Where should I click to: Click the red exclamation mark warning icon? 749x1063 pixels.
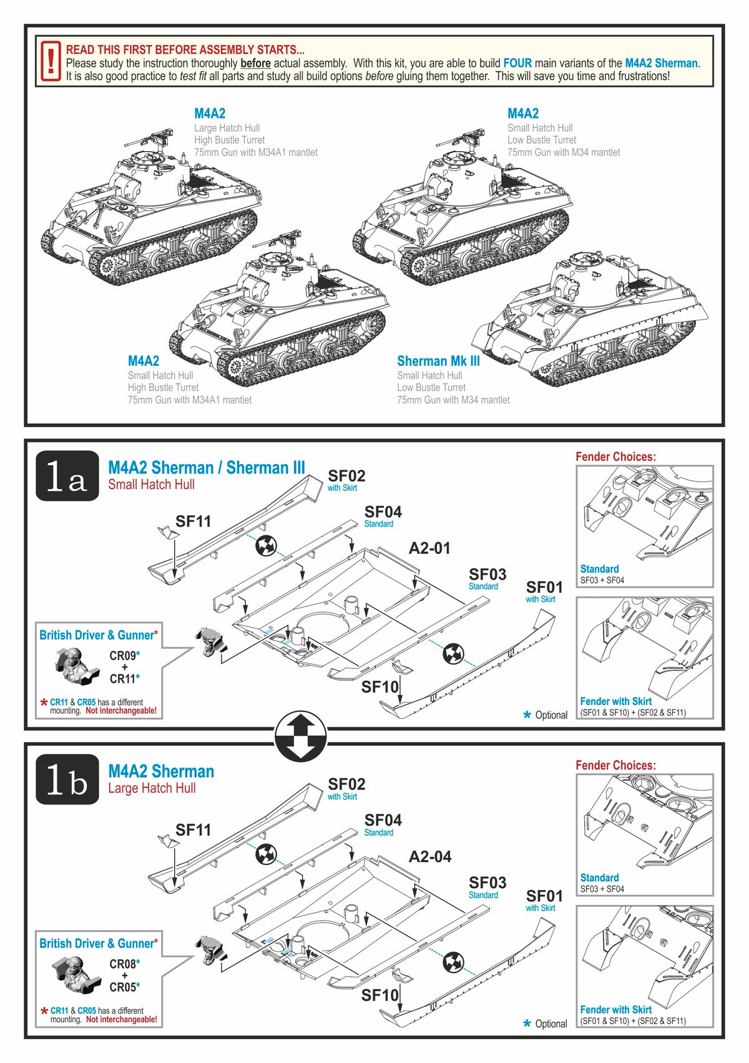pos(51,62)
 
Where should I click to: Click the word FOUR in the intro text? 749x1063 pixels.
pos(517,63)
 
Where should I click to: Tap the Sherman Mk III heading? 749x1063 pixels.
pos(438,361)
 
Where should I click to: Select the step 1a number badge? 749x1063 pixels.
pos(67,476)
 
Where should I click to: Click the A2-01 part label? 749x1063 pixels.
pos(429,548)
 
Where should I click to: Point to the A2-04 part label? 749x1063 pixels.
pos(429,857)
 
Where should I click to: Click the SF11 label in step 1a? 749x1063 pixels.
pos(193,522)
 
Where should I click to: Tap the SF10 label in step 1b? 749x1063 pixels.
pos(379,995)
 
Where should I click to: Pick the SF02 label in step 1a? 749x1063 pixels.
pos(346,476)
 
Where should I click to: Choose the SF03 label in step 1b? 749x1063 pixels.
pos(487,883)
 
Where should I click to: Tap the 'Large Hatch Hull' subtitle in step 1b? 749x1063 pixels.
pos(152,788)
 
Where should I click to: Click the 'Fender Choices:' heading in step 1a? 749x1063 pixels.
pos(615,457)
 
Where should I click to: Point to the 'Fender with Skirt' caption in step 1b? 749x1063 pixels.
pos(615,1009)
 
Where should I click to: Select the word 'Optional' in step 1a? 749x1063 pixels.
pos(551,715)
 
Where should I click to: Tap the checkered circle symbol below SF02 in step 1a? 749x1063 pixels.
pos(266,546)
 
